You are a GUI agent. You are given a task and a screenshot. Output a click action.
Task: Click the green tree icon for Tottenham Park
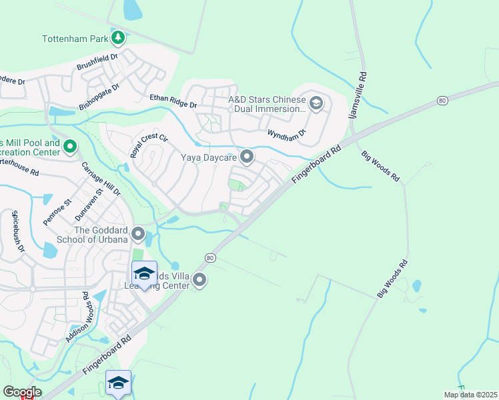coord(118,39)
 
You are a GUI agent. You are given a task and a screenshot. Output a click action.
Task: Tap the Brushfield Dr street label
coord(97,63)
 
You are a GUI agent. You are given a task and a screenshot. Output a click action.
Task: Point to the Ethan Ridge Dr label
coord(173,101)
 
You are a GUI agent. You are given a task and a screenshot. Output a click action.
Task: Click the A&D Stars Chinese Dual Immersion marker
coord(316,103)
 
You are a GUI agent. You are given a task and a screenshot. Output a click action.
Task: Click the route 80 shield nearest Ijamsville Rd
coord(442,100)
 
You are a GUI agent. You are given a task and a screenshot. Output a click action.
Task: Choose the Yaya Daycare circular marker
coord(247,157)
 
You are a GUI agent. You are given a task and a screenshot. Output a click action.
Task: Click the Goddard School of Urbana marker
coord(138,234)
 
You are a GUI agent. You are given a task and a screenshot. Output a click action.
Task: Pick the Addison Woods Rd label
coord(78,317)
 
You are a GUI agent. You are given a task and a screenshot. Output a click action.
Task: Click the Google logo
coord(22,392)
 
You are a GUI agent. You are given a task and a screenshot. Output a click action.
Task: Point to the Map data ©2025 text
coord(470,395)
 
